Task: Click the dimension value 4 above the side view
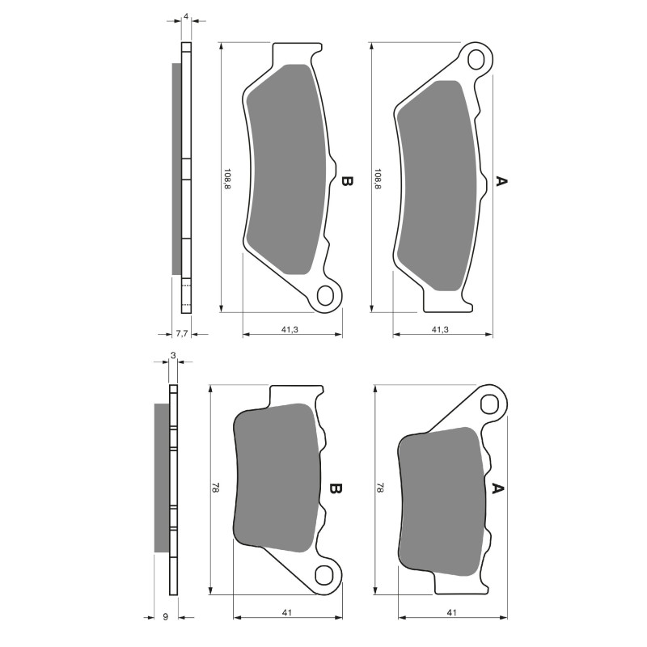point(187,16)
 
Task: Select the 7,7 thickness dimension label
point(182,332)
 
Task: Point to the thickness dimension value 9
point(165,617)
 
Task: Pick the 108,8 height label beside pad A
point(378,179)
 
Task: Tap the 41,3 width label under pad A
point(441,329)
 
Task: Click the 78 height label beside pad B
point(215,488)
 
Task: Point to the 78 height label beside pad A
point(380,488)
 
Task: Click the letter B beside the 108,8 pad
point(346,182)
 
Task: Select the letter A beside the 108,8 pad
point(501,182)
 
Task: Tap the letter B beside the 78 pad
point(336,489)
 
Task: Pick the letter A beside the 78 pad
point(498,488)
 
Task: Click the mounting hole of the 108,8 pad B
point(326,294)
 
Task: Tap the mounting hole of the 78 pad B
point(325,575)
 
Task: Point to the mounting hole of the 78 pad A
point(490,404)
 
